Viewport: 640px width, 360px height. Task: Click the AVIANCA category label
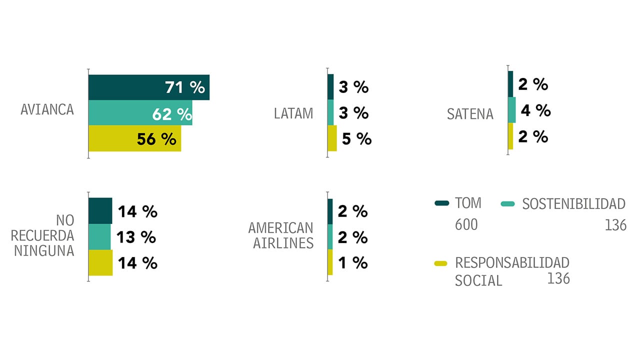click(x=47, y=109)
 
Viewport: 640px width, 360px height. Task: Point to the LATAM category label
click(x=293, y=113)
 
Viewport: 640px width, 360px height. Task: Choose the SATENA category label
click(x=470, y=114)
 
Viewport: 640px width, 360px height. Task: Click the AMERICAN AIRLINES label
click(x=281, y=235)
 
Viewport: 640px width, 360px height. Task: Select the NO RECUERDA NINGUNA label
click(x=43, y=235)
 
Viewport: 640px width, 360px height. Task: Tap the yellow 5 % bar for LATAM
click(x=332, y=138)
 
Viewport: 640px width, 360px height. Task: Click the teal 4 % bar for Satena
click(x=511, y=110)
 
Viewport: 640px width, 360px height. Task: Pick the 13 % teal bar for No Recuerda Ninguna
click(x=99, y=237)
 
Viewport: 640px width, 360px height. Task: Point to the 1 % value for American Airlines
click(x=353, y=263)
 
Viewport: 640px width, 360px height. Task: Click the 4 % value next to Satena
click(x=535, y=110)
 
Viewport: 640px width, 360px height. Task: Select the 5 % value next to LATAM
click(x=357, y=139)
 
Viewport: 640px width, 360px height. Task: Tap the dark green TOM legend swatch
click(x=442, y=203)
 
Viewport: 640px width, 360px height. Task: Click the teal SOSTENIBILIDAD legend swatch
click(x=508, y=203)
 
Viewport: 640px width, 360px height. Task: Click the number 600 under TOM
click(x=466, y=225)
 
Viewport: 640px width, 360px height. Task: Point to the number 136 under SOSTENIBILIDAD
click(x=615, y=225)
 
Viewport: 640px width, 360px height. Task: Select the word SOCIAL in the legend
click(x=478, y=280)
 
